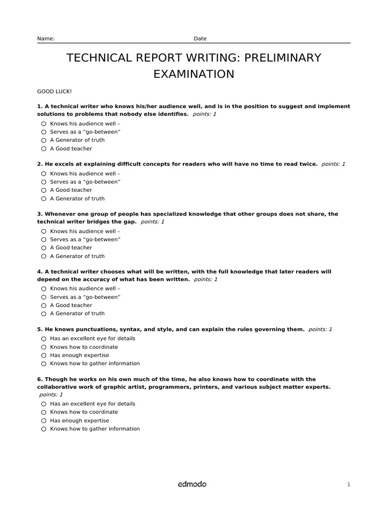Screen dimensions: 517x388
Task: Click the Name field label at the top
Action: [45, 39]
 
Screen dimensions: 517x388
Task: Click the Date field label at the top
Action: [200, 39]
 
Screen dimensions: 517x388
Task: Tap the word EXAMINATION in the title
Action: [194, 74]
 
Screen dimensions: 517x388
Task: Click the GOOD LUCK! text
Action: [55, 91]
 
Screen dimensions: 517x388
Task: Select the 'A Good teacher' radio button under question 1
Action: [44, 149]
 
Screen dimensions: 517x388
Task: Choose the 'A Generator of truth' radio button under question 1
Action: [44, 140]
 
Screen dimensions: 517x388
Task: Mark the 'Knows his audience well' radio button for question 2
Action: [44, 173]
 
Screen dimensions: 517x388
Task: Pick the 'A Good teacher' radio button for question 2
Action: [44, 190]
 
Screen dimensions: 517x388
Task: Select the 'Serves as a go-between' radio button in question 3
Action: [44, 239]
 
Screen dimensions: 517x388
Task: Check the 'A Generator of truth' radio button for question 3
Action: [44, 256]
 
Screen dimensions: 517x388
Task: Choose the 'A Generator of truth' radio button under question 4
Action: [44, 314]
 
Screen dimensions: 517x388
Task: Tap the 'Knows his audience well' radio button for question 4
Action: [44, 289]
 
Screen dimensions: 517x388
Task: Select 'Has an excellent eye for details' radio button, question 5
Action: [44, 339]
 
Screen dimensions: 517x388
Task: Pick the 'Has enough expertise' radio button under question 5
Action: [44, 355]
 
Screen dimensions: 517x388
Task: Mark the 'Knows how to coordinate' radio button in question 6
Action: [44, 412]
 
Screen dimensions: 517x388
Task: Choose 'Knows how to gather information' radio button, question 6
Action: [44, 429]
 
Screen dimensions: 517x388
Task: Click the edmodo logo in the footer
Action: [192, 484]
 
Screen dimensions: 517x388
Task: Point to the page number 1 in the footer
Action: [349, 485]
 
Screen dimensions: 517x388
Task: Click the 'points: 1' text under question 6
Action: [51, 395]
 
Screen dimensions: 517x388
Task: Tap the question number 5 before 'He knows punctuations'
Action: [39, 329]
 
